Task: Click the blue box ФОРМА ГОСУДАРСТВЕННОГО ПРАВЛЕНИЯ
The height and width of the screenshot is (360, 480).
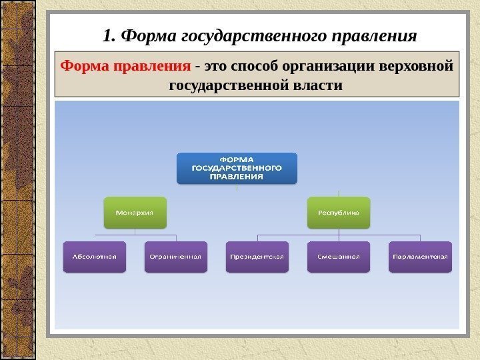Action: [237, 169]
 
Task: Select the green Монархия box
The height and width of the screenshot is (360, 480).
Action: [135, 213]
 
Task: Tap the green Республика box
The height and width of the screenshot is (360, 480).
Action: [339, 213]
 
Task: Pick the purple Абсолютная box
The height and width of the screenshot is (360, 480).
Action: [94, 256]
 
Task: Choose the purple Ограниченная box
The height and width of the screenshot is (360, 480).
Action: [175, 256]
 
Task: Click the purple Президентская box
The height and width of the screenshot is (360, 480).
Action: [257, 256]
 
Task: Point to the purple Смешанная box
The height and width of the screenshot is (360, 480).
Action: [339, 256]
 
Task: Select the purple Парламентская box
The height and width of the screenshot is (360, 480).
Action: [420, 256]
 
